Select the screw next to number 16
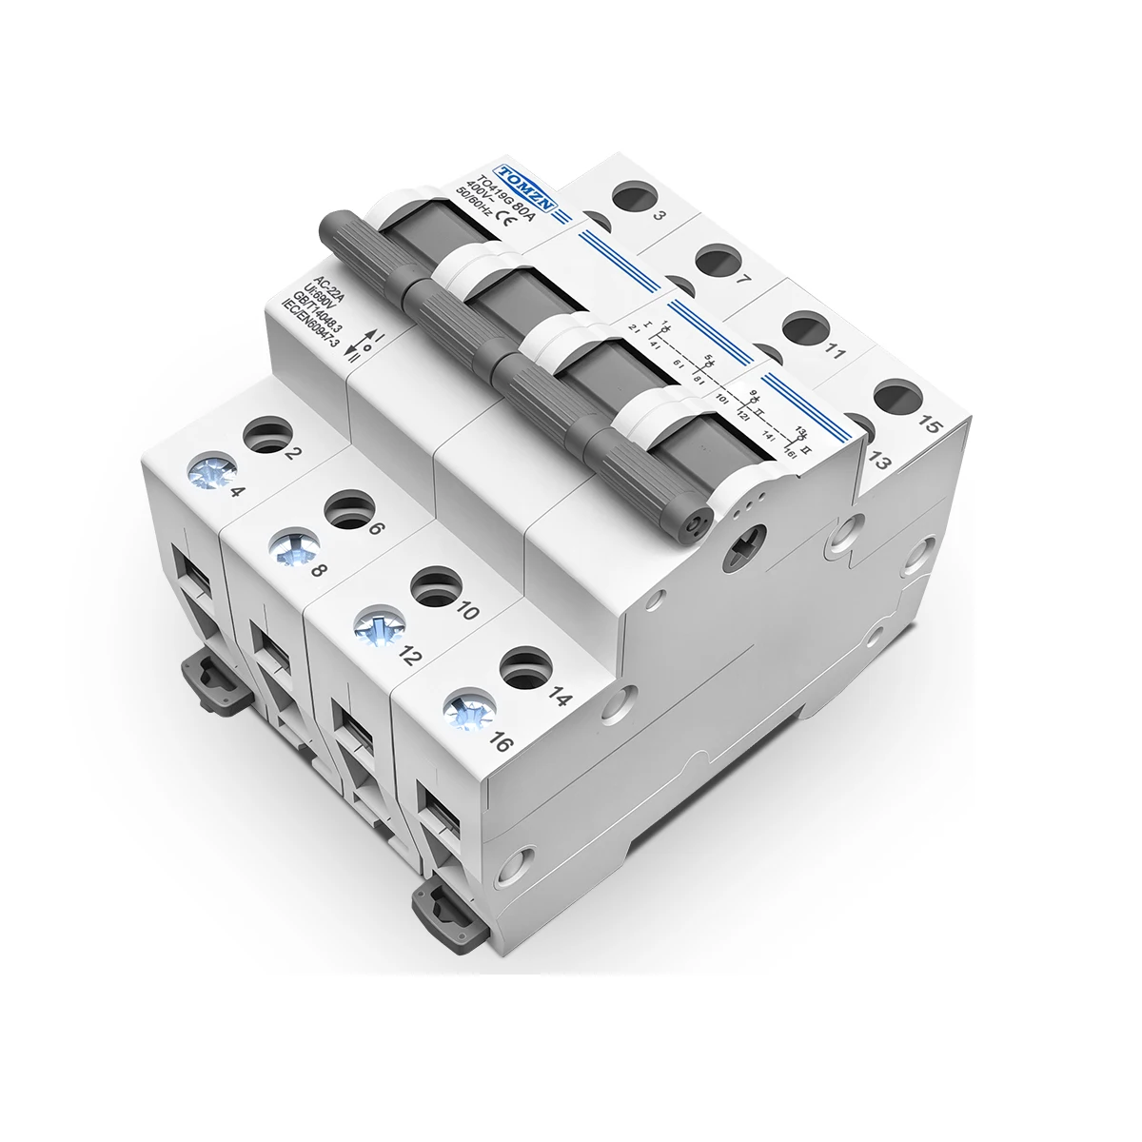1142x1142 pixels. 463,708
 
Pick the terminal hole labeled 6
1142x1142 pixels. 347,507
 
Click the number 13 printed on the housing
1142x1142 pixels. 877,462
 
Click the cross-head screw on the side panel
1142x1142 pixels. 740,552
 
